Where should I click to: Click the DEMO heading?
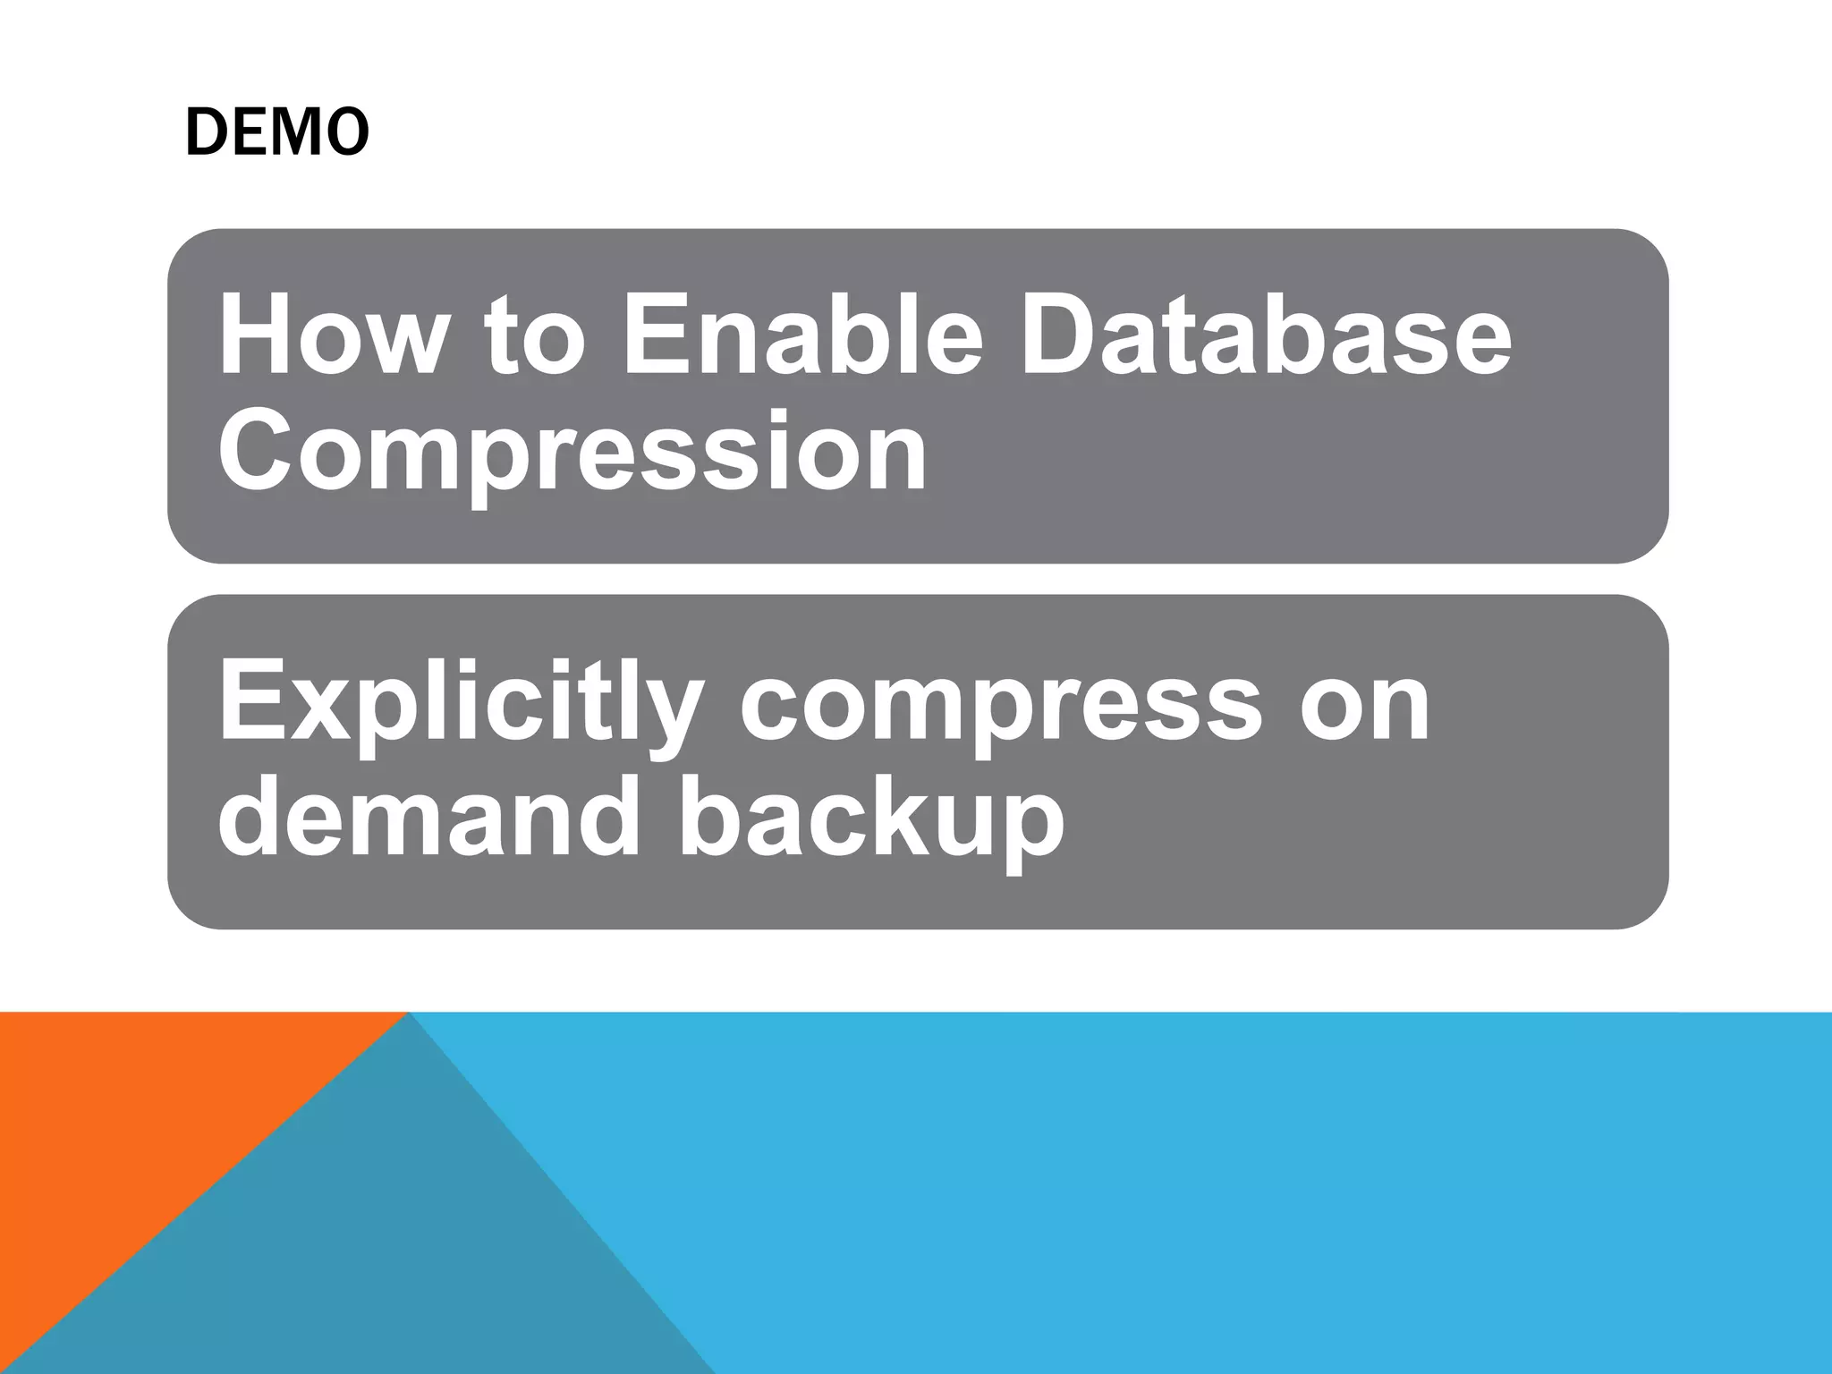coord(276,132)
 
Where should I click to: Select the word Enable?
coord(801,337)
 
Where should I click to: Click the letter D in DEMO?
coord(204,132)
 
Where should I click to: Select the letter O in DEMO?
coord(347,132)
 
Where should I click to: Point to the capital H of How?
coord(259,337)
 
